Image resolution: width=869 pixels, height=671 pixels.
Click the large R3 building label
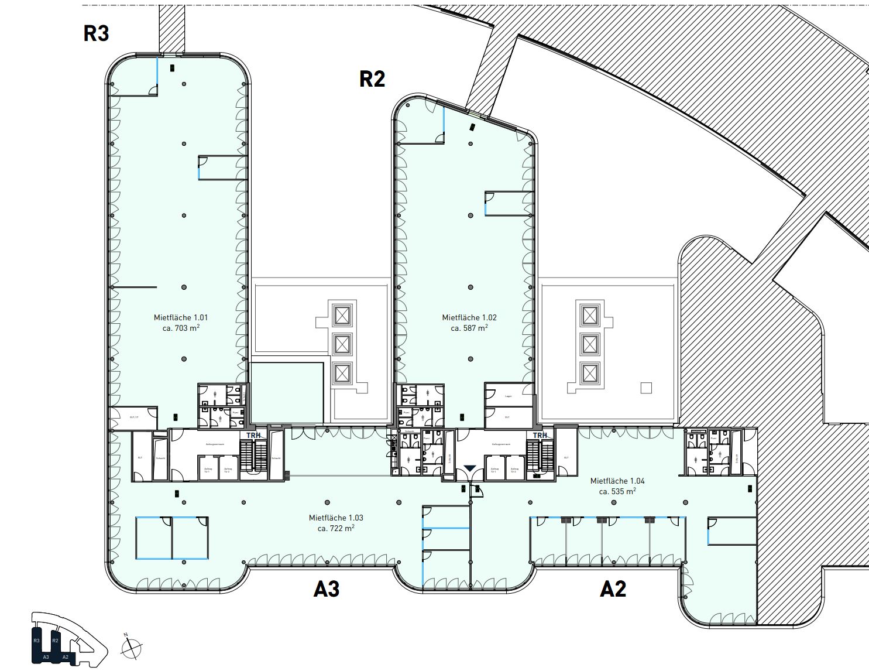[96, 33]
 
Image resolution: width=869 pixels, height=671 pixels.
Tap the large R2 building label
[372, 79]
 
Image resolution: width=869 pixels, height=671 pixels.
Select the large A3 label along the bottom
[327, 588]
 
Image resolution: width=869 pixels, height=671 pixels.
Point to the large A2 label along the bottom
[613, 588]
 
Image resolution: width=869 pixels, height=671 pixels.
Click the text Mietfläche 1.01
[181, 317]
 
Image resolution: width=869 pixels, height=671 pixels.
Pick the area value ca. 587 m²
[469, 328]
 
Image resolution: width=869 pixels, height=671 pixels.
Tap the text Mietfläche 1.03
[336, 518]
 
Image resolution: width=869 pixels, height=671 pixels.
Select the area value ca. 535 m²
[617, 491]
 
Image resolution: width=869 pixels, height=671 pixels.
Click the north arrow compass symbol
[132, 647]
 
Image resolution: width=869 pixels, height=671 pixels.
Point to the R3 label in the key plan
[37, 641]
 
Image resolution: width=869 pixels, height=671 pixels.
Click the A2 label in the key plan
[66, 657]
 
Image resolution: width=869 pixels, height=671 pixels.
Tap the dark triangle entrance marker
[470, 468]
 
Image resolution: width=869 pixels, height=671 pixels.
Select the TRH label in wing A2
[540, 435]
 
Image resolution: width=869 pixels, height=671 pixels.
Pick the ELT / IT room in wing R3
[133, 417]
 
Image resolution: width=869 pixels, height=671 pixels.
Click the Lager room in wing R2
[508, 396]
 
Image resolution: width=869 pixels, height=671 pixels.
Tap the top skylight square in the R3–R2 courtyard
[342, 316]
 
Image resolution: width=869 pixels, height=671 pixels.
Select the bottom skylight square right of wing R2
[590, 373]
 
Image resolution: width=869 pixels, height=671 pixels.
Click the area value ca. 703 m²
[181, 328]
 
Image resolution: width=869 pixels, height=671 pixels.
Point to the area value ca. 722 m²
[336, 528]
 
